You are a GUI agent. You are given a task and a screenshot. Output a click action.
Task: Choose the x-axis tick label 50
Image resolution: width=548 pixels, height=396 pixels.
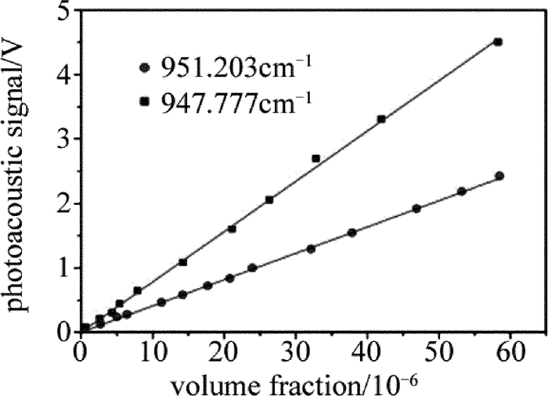438,350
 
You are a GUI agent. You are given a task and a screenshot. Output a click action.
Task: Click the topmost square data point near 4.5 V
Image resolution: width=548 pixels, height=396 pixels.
498,41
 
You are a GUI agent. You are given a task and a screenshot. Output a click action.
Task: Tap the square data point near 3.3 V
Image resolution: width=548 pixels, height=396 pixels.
381,119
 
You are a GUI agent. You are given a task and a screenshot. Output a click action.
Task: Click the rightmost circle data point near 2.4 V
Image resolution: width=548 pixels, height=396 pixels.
499,176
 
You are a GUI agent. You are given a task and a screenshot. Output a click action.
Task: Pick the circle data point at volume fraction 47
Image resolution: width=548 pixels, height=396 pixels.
416,208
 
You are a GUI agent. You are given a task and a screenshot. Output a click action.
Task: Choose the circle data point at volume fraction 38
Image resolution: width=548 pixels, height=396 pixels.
352,232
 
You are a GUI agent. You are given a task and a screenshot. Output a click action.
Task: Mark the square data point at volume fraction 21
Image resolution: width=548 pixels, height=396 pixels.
232,229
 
